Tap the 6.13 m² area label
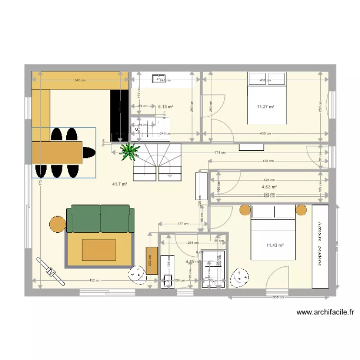pos(165,107)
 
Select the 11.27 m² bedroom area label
pos(265,107)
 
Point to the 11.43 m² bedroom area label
pos(275,246)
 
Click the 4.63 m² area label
pos(269,187)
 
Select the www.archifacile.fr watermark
pos(325,312)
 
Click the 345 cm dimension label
pos(80,80)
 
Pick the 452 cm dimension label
pos(95,280)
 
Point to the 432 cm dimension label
pos(268,161)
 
